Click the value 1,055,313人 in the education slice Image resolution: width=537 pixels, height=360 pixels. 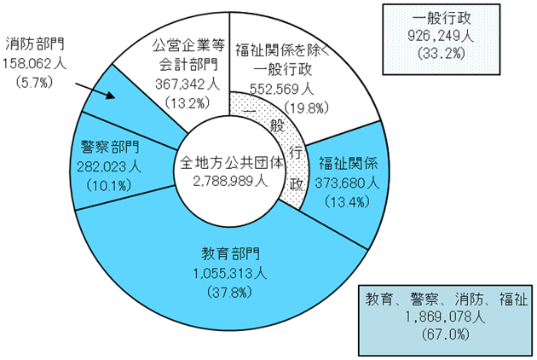(230, 274)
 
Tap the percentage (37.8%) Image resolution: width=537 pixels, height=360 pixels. (230, 293)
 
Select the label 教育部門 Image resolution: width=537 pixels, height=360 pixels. (230, 254)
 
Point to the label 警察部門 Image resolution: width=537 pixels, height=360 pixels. (110, 147)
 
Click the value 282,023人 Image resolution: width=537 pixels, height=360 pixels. (109, 167)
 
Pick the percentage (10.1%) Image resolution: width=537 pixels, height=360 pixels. (109, 185)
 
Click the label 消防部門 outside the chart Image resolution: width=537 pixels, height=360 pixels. (35, 44)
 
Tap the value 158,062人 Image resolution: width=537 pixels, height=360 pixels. (35, 64)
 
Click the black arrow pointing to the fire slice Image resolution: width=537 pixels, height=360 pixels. (95, 90)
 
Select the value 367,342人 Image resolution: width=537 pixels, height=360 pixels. (188, 84)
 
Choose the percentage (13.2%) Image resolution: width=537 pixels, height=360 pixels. (188, 103)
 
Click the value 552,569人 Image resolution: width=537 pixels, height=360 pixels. (281, 89)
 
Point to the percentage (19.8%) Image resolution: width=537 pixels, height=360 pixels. (306, 107)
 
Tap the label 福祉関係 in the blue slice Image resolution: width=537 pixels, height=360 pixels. (348, 163)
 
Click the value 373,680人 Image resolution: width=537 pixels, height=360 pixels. (347, 183)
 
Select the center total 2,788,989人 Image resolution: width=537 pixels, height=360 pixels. (230, 182)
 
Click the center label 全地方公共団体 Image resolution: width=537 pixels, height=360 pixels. (232, 163)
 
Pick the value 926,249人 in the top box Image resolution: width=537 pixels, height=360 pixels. (442, 36)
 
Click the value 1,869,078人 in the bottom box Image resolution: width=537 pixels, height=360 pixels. (445, 316)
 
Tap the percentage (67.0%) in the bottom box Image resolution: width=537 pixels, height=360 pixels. (445, 334)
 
